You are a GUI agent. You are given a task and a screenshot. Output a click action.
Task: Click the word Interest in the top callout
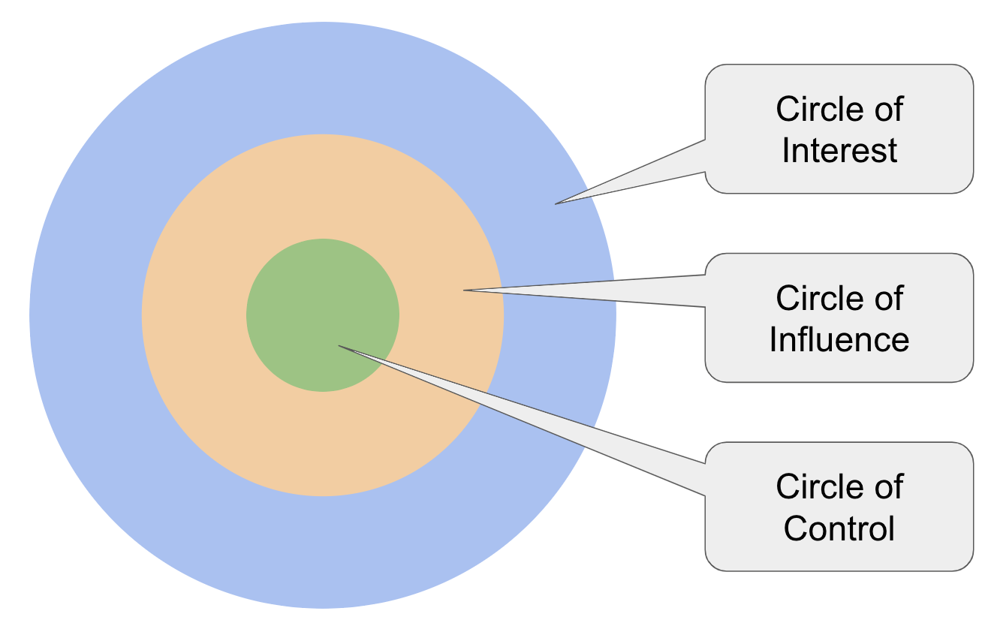click(839, 150)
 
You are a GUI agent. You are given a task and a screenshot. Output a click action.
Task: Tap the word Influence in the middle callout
click(839, 339)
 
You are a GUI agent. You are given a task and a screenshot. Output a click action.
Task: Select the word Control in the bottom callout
click(839, 528)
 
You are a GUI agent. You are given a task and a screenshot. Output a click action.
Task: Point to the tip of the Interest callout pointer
click(557, 203)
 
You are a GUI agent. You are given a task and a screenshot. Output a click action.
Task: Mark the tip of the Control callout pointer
click(340, 346)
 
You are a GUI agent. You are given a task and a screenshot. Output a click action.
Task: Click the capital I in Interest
click(786, 150)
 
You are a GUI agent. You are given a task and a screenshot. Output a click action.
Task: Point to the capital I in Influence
click(773, 339)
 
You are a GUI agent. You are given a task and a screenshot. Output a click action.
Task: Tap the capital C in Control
click(797, 528)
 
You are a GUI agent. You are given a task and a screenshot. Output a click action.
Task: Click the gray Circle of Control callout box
click(839, 555)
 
